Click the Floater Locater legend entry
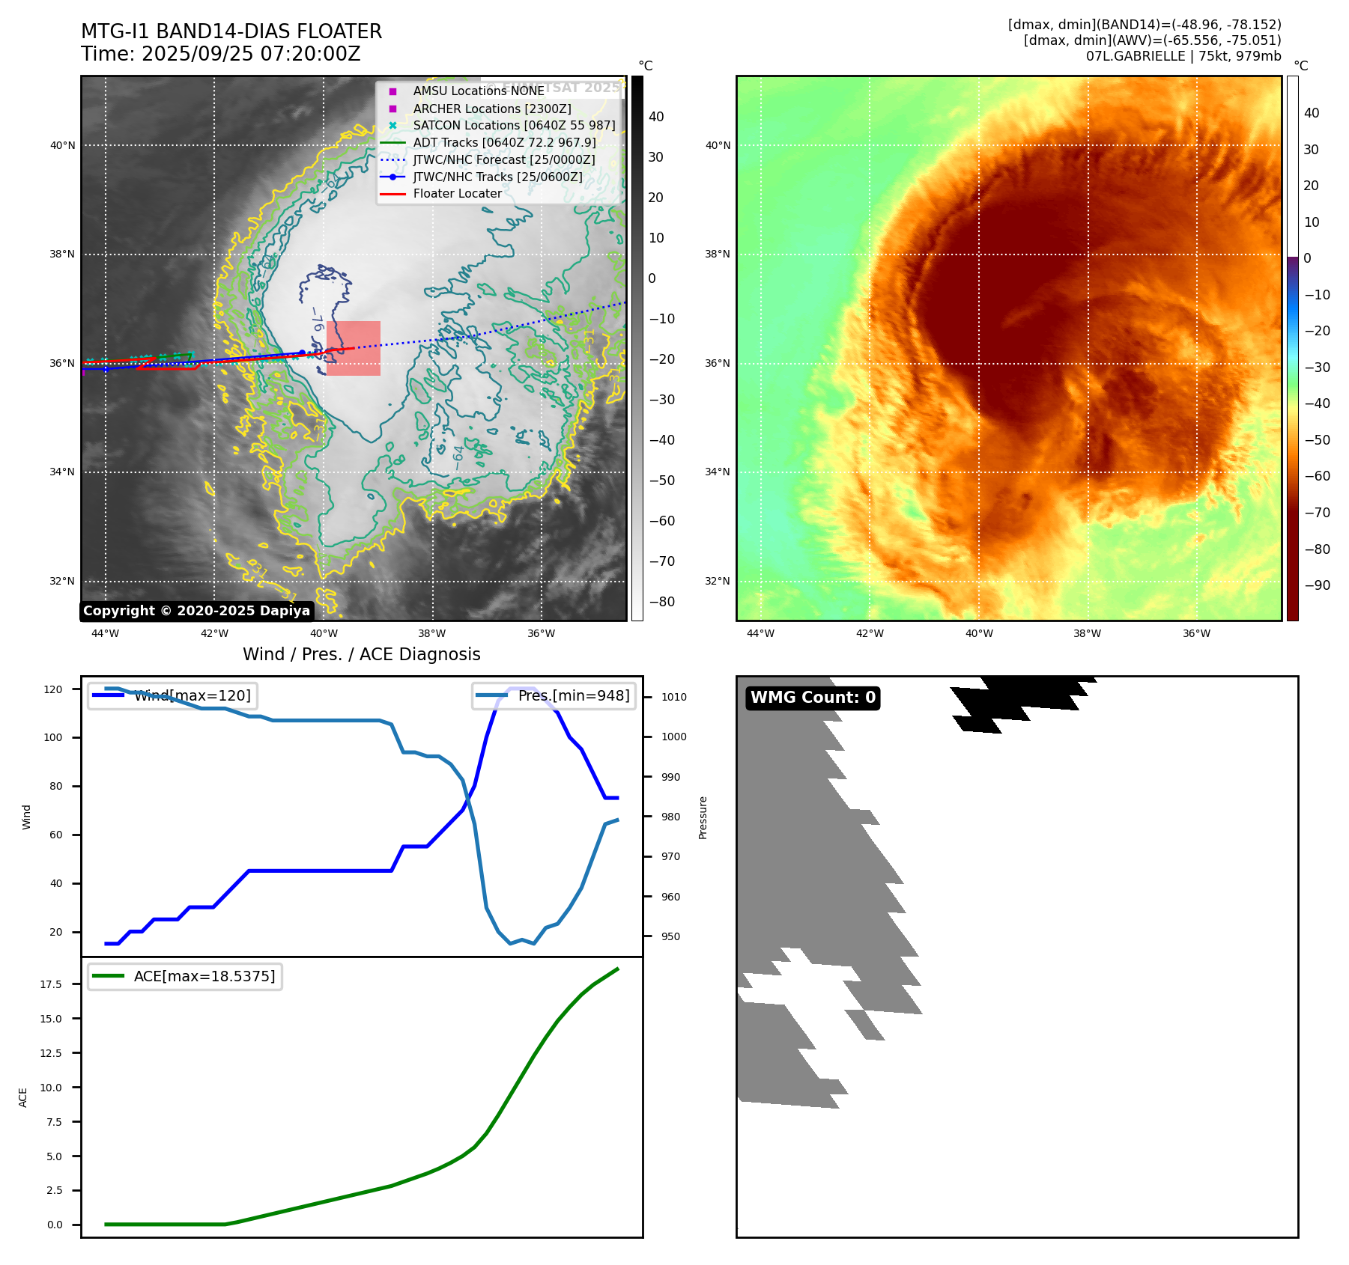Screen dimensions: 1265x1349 pyautogui.click(x=457, y=194)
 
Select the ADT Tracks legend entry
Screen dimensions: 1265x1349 pyautogui.click(x=504, y=143)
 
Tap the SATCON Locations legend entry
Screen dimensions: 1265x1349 pyautogui.click(x=514, y=126)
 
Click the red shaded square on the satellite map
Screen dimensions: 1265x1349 pyautogui.click(x=354, y=348)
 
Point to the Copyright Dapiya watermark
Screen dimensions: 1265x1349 pyautogui.click(x=196, y=611)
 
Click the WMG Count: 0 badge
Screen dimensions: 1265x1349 pyautogui.click(x=813, y=698)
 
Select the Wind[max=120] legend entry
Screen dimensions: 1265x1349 pyautogui.click(x=192, y=695)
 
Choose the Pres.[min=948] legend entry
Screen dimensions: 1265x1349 pyautogui.click(x=573, y=695)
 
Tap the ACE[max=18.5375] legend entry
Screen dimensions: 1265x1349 pyautogui.click(x=204, y=976)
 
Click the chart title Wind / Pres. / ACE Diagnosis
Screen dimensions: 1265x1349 pyautogui.click(x=362, y=654)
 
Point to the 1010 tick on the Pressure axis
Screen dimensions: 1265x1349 pyautogui.click(x=673, y=697)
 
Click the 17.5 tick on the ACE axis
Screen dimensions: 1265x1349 pyautogui.click(x=51, y=984)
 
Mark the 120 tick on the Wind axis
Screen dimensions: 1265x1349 pyautogui.click(x=53, y=689)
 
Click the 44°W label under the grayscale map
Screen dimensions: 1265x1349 pyautogui.click(x=105, y=633)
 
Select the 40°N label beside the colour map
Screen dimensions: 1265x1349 pyautogui.click(x=717, y=145)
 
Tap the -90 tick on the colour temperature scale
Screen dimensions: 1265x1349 pyautogui.click(x=1317, y=585)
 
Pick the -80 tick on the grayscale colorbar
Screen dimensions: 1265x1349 pyautogui.click(x=661, y=602)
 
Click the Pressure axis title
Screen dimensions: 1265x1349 pyautogui.click(x=703, y=817)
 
